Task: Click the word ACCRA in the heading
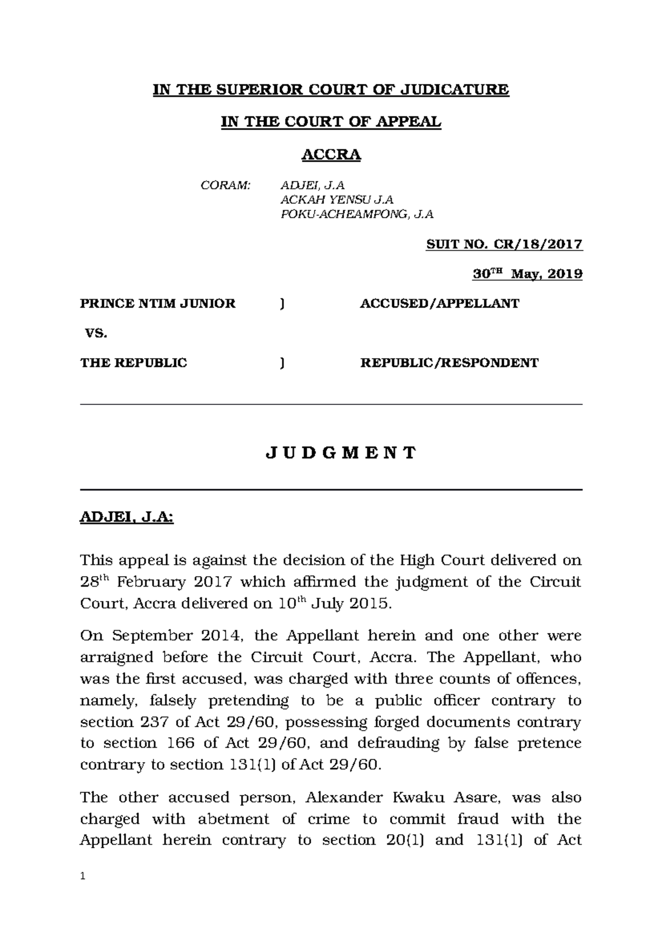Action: tap(330, 155)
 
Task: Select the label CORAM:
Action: tap(225, 185)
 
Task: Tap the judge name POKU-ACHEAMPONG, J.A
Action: tap(357, 215)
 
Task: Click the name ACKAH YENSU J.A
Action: tap(337, 200)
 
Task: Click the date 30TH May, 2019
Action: tap(527, 274)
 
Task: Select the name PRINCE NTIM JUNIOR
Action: tap(158, 304)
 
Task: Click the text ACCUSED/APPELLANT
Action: tap(439, 304)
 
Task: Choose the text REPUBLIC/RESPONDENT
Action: tap(449, 363)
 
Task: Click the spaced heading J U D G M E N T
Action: tap(341, 453)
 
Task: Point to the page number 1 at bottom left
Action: tap(83, 876)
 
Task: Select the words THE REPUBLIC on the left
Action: tap(134, 363)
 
